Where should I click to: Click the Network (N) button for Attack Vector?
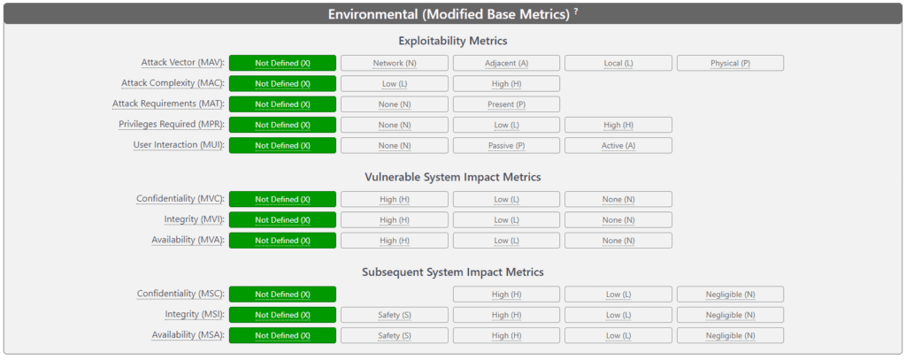click(394, 63)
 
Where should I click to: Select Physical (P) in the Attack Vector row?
click(730, 63)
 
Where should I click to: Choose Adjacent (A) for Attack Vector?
click(506, 63)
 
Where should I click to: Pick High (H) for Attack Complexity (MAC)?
click(506, 84)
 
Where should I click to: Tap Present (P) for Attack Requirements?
click(506, 104)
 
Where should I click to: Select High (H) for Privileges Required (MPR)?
click(618, 125)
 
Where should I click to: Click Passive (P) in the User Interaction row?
click(506, 145)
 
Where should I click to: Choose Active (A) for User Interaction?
click(618, 145)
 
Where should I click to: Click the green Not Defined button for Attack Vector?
click(282, 63)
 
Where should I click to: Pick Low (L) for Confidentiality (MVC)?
click(506, 199)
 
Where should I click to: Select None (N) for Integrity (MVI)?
click(618, 219)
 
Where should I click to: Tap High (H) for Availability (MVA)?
click(394, 241)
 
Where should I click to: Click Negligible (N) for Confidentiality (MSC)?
click(730, 295)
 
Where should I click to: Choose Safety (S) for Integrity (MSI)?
click(394, 315)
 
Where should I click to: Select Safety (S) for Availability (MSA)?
click(394, 336)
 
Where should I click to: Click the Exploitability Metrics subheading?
click(452, 41)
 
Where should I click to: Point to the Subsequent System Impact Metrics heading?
click(452, 272)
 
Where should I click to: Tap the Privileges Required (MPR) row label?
click(171, 125)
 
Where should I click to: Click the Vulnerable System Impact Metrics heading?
click(452, 177)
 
